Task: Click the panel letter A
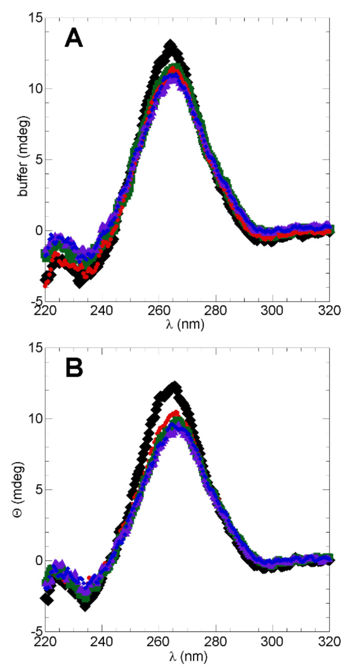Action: pos(74,39)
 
